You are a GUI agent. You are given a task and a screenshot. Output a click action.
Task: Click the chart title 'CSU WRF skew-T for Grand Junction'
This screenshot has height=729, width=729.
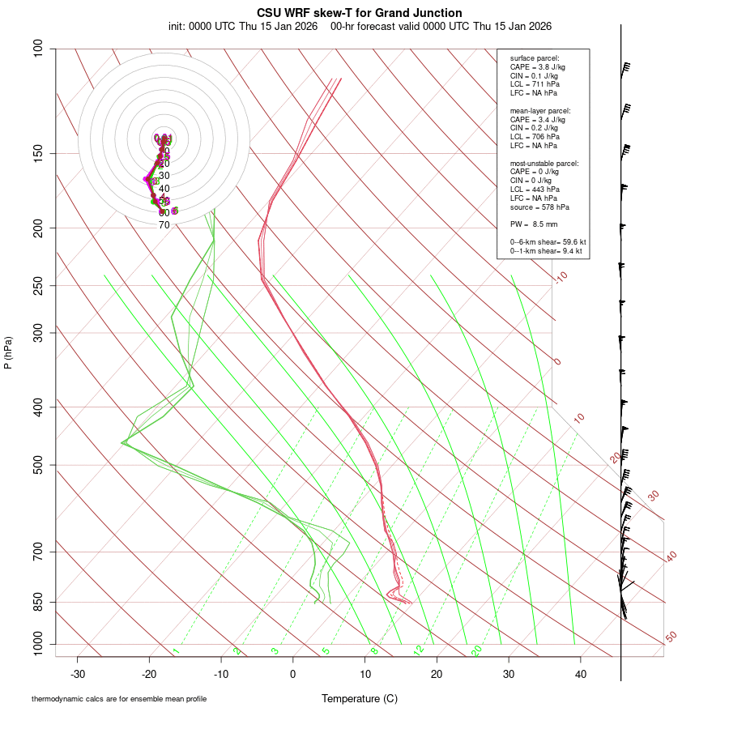(x=360, y=13)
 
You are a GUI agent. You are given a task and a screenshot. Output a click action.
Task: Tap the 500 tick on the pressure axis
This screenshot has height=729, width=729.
(x=39, y=465)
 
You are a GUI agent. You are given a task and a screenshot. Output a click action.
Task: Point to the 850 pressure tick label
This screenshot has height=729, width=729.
(x=39, y=603)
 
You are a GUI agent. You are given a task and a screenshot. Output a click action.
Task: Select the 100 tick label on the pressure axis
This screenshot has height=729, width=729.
(x=39, y=49)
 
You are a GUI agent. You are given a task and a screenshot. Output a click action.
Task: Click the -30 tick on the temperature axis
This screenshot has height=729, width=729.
(x=78, y=674)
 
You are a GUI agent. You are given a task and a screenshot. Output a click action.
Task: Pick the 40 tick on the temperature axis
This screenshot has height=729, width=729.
(x=580, y=674)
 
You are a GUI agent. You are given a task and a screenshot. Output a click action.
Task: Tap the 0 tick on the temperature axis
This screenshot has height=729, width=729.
(x=293, y=674)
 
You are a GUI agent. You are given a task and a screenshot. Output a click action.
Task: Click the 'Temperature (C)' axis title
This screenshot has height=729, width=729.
(x=360, y=699)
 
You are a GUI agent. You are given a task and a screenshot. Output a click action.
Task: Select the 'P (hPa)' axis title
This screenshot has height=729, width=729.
(x=8, y=353)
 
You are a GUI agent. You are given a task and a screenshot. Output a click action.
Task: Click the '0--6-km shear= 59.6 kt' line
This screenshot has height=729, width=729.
(x=548, y=241)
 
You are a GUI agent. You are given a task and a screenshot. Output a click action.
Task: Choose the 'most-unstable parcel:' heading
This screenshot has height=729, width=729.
(x=544, y=164)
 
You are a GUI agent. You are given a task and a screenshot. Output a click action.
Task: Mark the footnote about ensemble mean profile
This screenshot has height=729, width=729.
(x=119, y=699)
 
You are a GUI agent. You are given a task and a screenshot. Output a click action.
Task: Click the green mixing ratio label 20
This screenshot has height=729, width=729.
(x=476, y=650)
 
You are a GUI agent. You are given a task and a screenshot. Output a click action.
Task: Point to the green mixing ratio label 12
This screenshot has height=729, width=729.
(x=419, y=650)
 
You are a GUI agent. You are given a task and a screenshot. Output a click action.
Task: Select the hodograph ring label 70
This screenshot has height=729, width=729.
(x=164, y=225)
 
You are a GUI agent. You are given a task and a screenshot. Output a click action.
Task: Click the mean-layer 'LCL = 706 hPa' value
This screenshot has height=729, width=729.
(x=535, y=137)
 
